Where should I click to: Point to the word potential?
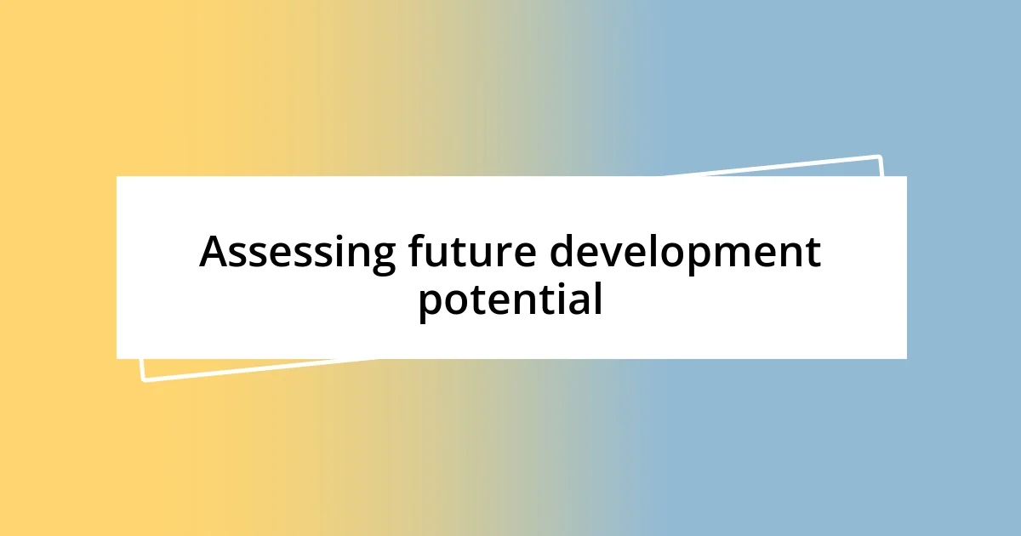pyautogui.click(x=510, y=300)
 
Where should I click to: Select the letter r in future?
pyautogui.click(x=519, y=255)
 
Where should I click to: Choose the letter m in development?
pyautogui.click(x=742, y=255)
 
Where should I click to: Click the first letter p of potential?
pyautogui.click(x=431, y=305)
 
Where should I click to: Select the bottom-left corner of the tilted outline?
pyautogui.click(x=144, y=379)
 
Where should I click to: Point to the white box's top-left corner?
pyautogui.click(x=117, y=177)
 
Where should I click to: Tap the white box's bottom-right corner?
pyautogui.click(x=905, y=358)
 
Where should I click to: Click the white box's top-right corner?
pyautogui.click(x=905, y=177)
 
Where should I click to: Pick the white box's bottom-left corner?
pyautogui.click(x=117, y=358)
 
